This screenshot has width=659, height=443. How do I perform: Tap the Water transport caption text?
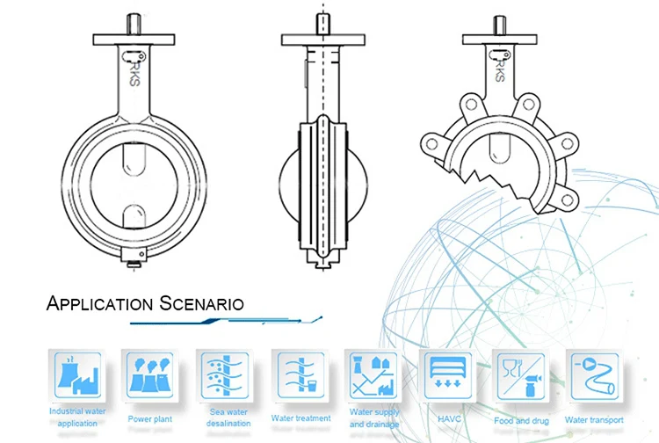click(594, 420)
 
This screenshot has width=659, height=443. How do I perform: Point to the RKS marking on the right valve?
click(502, 68)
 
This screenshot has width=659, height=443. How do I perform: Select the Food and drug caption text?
click(521, 420)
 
